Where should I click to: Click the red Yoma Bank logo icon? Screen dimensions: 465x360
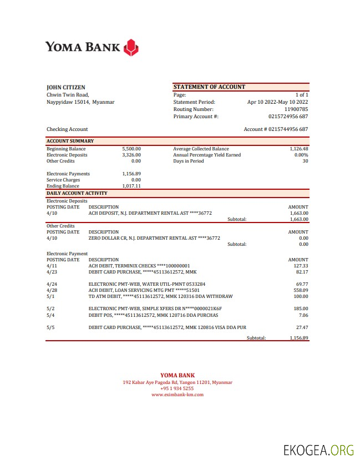(130, 47)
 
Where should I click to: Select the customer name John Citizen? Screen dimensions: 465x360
(65, 87)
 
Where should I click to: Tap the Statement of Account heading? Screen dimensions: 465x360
(209, 87)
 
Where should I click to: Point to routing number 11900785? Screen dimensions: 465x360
(296, 109)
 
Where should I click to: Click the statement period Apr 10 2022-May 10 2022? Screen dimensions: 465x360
(277, 102)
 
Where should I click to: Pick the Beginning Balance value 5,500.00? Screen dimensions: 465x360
(131, 149)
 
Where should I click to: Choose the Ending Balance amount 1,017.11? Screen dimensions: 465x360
(131, 186)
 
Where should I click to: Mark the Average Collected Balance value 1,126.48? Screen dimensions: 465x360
(298, 149)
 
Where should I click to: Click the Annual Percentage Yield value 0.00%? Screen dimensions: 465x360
(301, 155)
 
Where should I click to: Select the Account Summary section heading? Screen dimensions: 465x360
(70, 141)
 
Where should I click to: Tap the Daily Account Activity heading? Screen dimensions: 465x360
(77, 193)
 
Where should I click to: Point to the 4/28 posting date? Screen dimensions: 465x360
(52, 290)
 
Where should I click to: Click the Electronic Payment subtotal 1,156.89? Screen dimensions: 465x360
(298, 337)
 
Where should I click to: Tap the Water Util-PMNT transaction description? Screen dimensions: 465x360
(146, 284)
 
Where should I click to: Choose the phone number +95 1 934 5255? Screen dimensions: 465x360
(178, 388)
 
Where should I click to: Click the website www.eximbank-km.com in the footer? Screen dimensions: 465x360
(178, 395)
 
